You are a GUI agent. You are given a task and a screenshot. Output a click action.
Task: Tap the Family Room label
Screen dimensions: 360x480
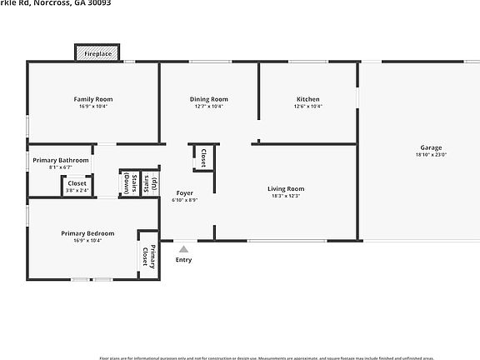93,99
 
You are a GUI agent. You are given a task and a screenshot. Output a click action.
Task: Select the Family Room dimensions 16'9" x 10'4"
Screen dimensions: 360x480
93,107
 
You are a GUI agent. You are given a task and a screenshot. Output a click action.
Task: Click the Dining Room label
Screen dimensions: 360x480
208,99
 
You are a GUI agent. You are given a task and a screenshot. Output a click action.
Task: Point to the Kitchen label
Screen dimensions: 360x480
308,99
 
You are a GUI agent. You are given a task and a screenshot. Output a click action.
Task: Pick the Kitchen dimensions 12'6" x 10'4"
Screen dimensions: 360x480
308,107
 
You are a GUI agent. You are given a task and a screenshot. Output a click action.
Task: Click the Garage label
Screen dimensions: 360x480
431,147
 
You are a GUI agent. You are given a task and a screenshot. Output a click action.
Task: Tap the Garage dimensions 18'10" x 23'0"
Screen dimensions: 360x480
431,155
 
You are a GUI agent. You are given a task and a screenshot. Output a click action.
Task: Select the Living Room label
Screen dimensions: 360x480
286,189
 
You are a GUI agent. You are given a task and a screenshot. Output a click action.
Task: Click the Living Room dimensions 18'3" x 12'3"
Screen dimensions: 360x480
286,197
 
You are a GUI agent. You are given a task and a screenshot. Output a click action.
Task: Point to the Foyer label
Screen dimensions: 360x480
184,193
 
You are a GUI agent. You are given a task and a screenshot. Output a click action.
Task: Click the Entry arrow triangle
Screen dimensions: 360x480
183,247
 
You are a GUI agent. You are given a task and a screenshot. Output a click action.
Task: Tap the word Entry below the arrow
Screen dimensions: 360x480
183,259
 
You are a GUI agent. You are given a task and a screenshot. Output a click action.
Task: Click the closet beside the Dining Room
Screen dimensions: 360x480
203,157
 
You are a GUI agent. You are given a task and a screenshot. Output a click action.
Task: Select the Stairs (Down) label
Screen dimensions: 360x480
126,182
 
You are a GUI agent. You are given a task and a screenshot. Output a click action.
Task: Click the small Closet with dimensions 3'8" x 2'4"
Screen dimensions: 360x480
77,186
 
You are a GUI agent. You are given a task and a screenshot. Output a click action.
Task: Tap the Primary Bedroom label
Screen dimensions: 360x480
87,233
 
